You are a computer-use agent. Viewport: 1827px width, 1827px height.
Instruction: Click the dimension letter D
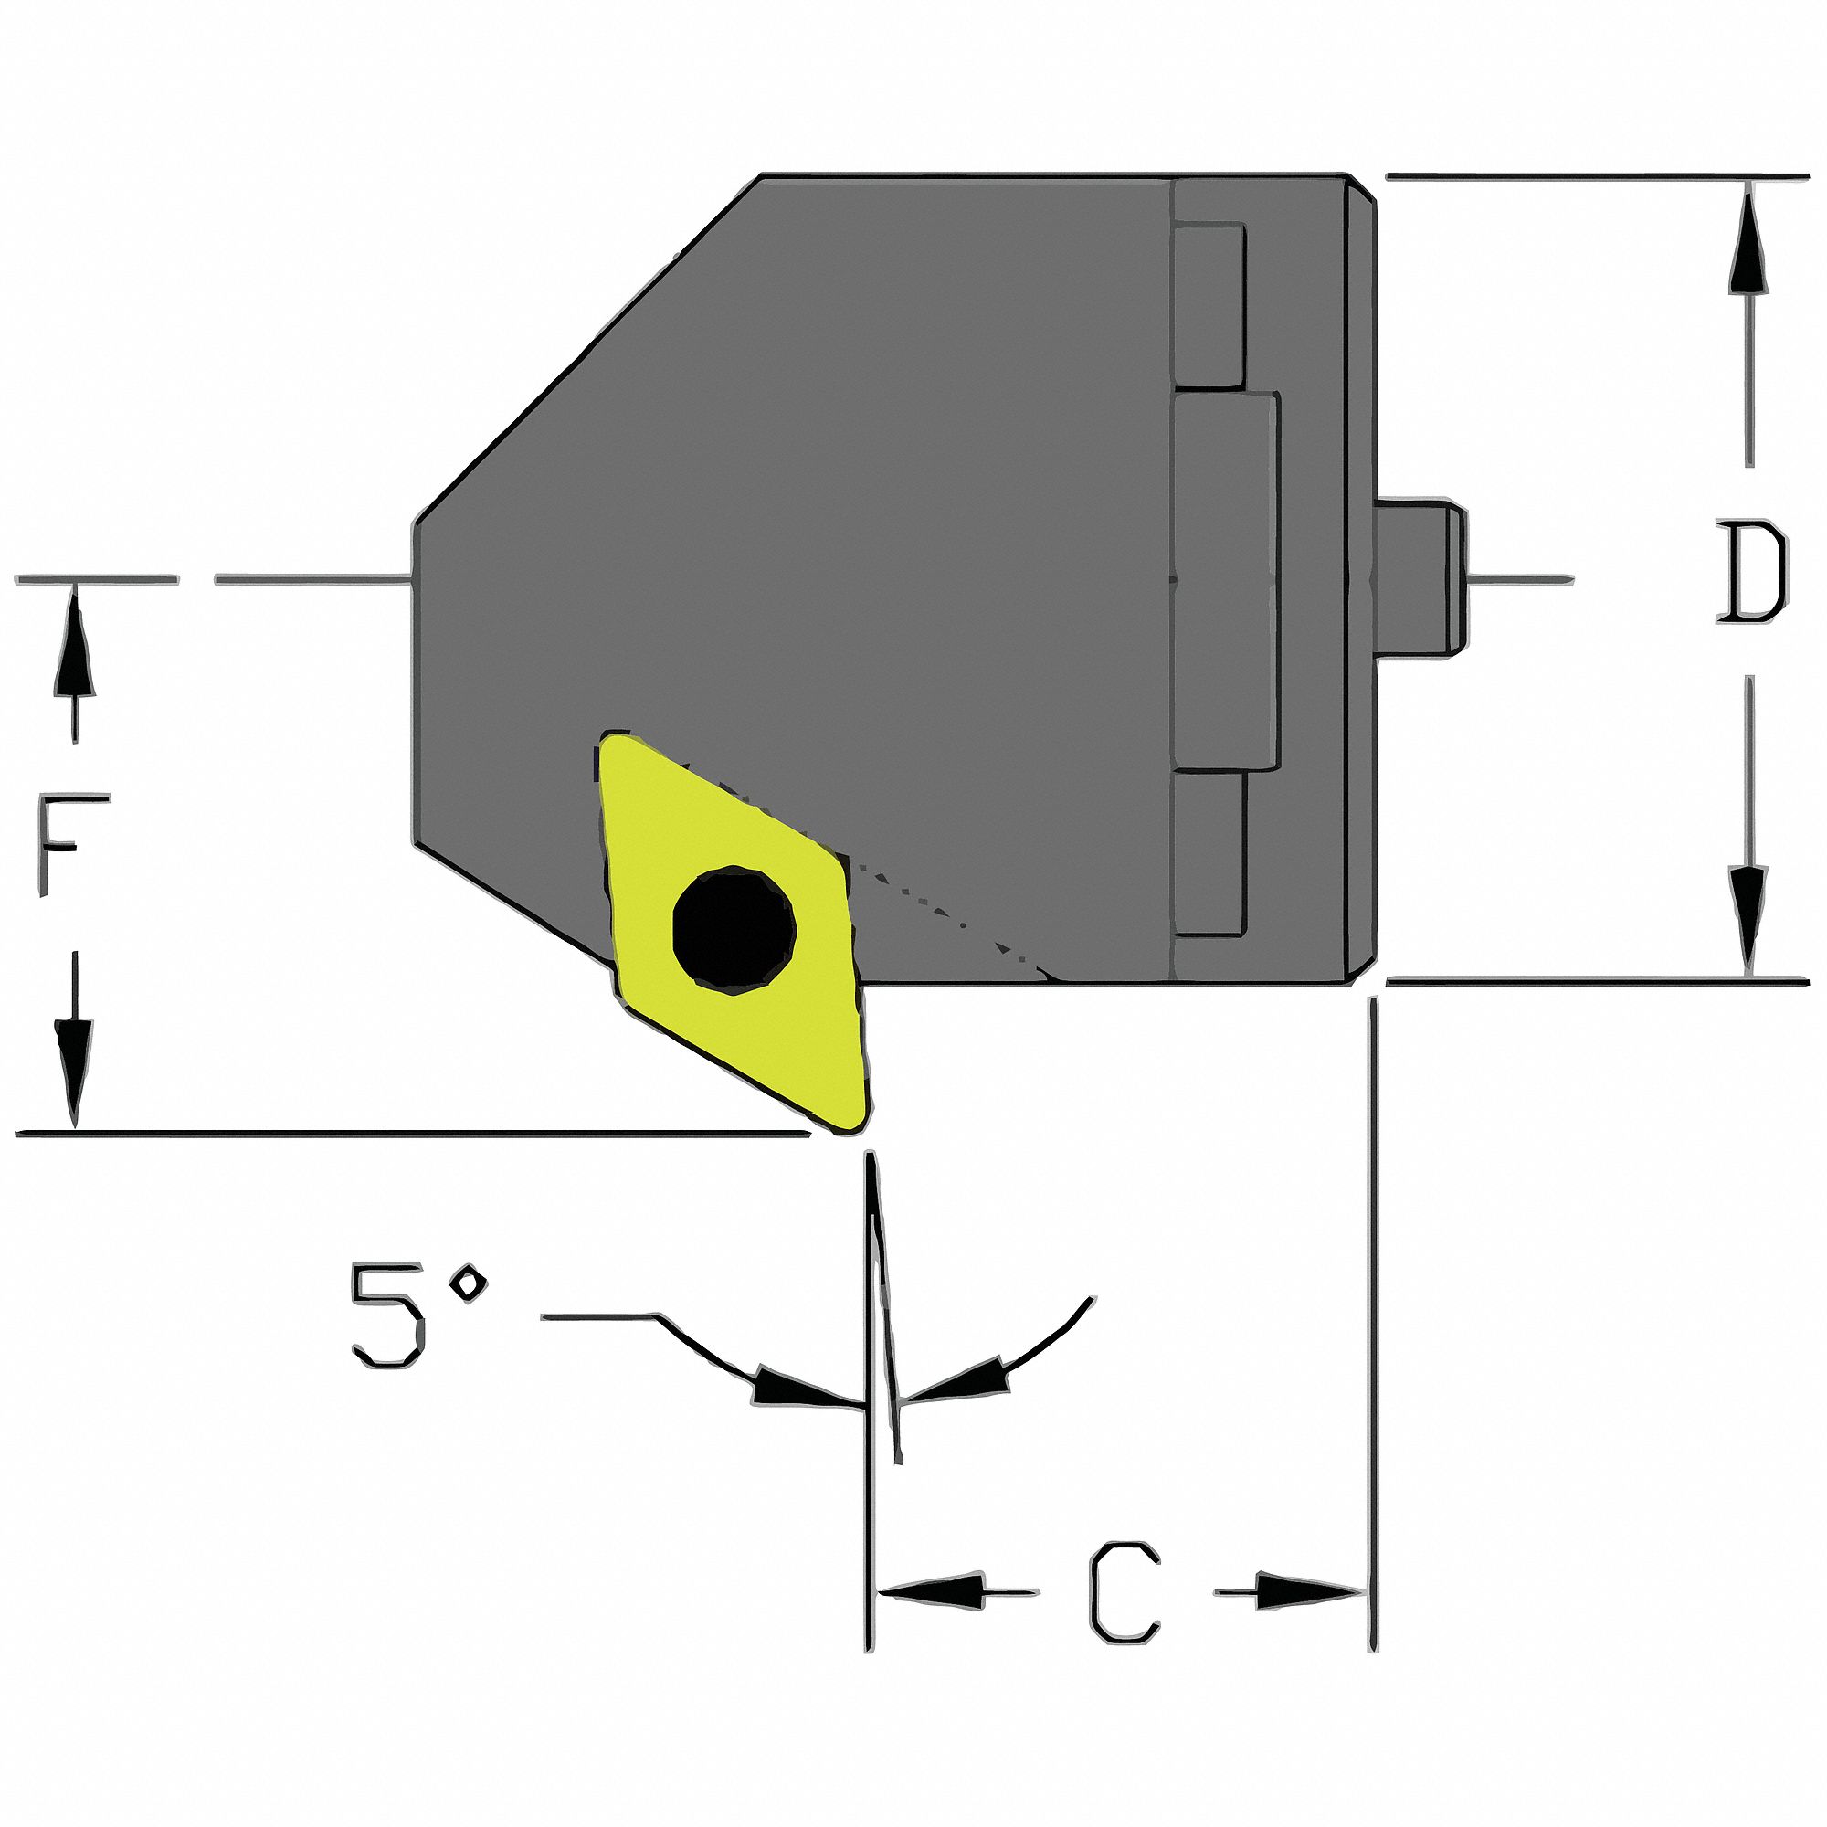click(1751, 574)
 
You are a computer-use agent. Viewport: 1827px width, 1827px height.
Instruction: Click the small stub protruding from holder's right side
click(1419, 575)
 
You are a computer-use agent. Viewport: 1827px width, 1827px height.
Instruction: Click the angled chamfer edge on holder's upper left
click(586, 350)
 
